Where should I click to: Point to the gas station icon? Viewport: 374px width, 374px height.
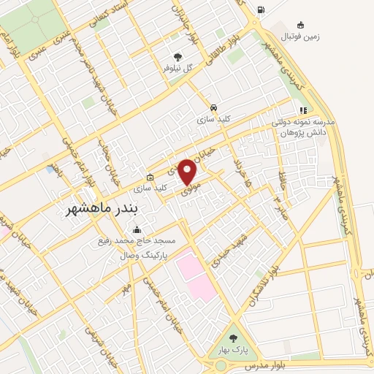261,10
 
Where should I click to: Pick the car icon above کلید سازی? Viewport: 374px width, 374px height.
213,106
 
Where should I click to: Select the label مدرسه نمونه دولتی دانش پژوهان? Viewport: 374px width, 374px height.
303,129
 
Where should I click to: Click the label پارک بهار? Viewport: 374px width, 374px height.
232,349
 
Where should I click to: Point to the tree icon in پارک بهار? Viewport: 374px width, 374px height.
232,338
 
